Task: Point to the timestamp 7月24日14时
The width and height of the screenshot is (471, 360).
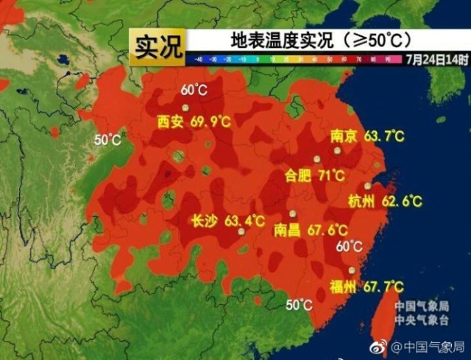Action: [436, 58]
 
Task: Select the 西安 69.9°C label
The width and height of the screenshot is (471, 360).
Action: [190, 122]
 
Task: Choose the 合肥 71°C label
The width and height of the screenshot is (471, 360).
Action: [315, 176]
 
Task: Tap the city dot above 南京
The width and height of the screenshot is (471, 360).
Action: [338, 150]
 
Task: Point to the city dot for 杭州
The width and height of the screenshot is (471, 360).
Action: [368, 186]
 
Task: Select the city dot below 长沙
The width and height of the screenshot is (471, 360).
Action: [241, 231]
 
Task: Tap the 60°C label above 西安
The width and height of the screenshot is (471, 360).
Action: [194, 91]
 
